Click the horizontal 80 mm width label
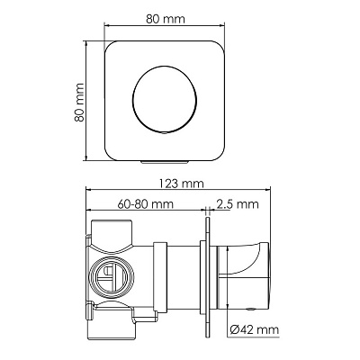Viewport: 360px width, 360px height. [x=166, y=19]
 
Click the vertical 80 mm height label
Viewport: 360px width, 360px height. [x=79, y=103]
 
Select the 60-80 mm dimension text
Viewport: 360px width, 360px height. [x=146, y=204]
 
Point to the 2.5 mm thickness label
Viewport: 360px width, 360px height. [x=238, y=204]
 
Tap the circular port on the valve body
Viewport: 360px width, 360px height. [x=112, y=274]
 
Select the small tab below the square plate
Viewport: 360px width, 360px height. [x=165, y=162]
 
